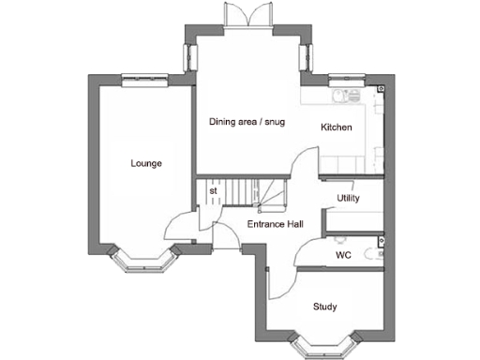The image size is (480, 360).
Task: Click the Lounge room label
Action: [146, 164]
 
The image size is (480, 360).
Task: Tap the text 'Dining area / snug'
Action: [247, 122]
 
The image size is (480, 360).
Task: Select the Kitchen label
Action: [337, 127]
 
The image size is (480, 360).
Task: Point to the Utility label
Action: [348, 198]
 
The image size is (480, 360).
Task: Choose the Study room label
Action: [325, 307]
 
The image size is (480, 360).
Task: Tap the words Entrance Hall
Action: [274, 225]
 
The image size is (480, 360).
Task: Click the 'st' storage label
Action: [214, 191]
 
